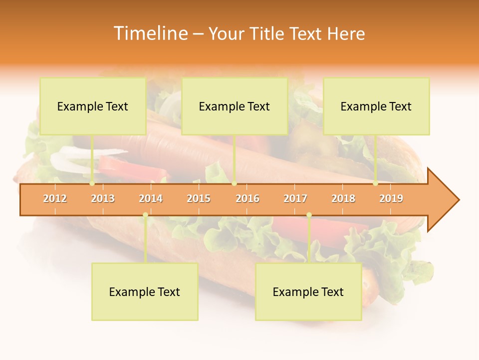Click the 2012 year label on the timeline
pos(55,198)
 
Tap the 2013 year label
pos(103,198)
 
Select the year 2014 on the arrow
pos(151,198)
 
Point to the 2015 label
pos(199,198)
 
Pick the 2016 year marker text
pos(247,198)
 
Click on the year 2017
pos(295,198)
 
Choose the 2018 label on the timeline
pos(343,198)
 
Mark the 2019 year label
pos(391,198)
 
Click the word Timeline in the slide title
pos(150,33)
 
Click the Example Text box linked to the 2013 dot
pos(93,106)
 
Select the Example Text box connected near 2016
pos(235,106)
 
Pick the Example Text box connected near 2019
pos(376,106)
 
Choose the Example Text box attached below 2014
pos(145,291)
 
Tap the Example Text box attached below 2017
pos(308,291)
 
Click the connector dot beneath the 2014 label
pos(145,215)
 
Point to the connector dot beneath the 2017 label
pos(309,215)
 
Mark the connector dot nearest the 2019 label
pos(376,183)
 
